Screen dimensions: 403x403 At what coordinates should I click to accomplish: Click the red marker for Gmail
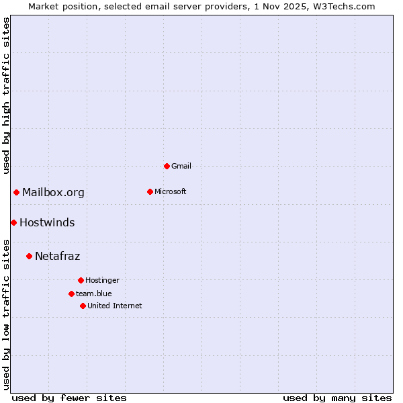point(167,166)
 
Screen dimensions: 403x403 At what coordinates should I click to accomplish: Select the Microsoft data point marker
point(150,191)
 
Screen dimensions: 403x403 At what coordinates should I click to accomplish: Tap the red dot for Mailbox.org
point(17,193)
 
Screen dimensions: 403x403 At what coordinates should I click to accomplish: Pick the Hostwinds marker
point(13,222)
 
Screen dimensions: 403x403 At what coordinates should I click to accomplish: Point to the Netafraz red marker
point(29,256)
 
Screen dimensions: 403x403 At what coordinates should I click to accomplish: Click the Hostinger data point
point(81,280)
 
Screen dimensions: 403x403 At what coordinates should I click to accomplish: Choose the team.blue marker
point(71,294)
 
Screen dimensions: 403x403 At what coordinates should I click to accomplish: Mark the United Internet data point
point(83,306)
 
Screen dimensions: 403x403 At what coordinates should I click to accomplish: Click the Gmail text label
point(181,166)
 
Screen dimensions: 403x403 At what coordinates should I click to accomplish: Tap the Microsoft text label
point(170,191)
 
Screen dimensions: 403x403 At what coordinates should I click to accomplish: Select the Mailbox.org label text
point(53,193)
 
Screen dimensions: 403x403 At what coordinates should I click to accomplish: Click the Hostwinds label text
point(47,223)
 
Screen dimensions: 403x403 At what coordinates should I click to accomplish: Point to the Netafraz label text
point(57,257)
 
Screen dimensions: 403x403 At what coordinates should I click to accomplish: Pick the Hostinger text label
point(102,280)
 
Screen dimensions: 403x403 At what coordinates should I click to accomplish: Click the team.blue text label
point(94,294)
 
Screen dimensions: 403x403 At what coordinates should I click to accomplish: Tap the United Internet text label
point(114,306)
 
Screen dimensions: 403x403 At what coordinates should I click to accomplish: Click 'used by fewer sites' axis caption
point(69,398)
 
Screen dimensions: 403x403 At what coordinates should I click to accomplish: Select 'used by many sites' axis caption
point(337,398)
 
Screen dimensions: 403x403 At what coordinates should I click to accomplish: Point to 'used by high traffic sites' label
point(6,95)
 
